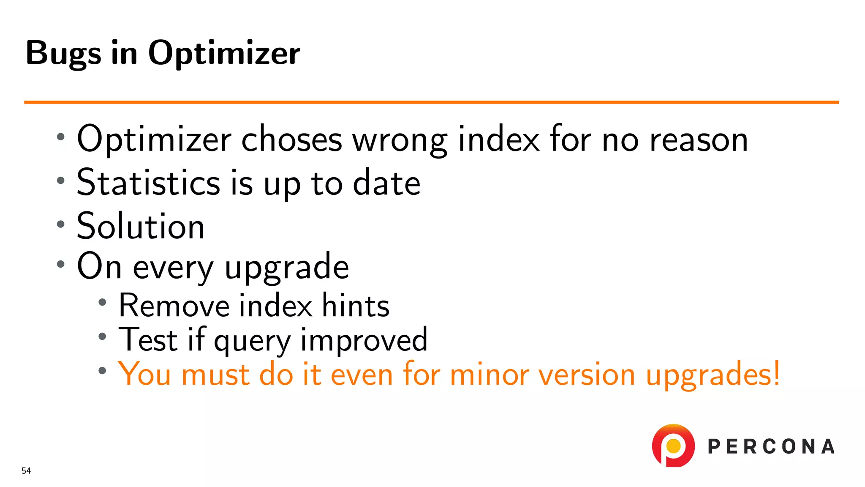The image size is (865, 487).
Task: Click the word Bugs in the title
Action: (x=63, y=54)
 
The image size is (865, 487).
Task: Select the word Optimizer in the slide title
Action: (x=224, y=54)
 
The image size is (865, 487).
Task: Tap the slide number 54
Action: (x=26, y=471)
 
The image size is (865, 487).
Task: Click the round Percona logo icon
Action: (x=673, y=446)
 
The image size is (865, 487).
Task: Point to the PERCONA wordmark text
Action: (x=771, y=447)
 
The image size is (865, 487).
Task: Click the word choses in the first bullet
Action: (x=291, y=140)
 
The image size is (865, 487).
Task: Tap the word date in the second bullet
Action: (x=386, y=183)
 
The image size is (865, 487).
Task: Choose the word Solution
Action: (x=141, y=226)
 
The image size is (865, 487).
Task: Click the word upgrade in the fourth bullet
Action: (x=287, y=267)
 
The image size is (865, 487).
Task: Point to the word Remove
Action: (x=174, y=305)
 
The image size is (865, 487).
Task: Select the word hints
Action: (x=355, y=305)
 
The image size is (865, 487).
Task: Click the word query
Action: (x=252, y=341)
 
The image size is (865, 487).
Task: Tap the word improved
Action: (x=364, y=340)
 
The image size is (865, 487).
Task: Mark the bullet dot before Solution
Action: (x=61, y=224)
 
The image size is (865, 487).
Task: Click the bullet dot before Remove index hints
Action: (x=102, y=302)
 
